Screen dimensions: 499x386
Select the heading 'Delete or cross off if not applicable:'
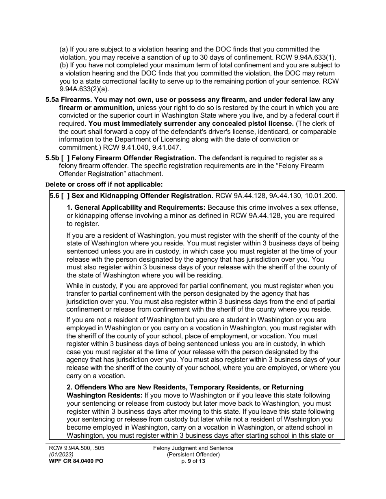(x=104, y=185)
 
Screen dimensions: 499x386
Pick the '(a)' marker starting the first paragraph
(x=64, y=49)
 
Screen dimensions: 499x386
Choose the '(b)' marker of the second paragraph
(x=64, y=65)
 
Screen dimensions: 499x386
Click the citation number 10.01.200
(x=320, y=196)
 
